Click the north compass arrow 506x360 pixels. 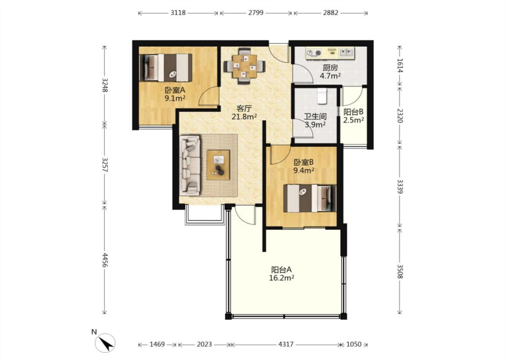pos(106,342)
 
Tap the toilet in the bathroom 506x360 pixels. pos(322,96)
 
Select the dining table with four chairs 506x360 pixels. pos(245,66)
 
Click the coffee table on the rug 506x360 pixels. pos(218,165)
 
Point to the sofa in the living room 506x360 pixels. pos(190,165)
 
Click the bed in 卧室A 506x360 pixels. pos(166,67)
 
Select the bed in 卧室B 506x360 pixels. pos(310,198)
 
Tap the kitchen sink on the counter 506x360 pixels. pos(346,52)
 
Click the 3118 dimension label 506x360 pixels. pos(178,13)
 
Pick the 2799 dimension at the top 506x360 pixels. pos(256,13)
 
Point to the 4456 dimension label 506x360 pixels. pos(104,260)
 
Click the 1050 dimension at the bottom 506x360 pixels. pos(354,344)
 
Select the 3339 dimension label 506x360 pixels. pos(400,187)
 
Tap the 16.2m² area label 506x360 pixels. pos(282,278)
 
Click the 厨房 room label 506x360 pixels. pos(331,68)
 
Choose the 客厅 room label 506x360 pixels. pos(244,108)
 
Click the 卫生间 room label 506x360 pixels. pos(315,116)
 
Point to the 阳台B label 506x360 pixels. pos(354,112)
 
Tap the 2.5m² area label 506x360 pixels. pos(354,120)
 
